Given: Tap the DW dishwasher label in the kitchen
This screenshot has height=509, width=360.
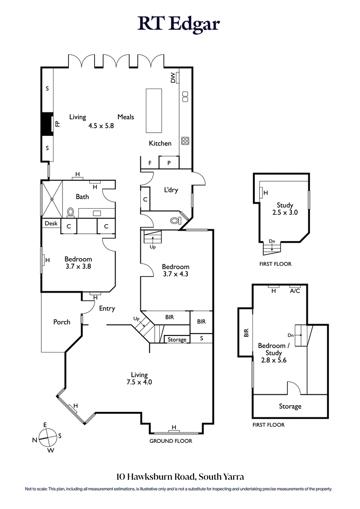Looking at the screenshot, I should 173,79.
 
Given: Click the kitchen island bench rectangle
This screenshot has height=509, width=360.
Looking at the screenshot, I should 153,111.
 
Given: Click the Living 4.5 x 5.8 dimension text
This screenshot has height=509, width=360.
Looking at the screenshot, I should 101,126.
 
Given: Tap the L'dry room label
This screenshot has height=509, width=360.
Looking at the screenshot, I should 171,190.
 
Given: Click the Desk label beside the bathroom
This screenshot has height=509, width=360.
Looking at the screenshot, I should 50,223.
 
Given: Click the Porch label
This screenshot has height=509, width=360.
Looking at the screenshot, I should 62,322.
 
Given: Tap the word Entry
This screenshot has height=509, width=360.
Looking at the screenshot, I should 107,308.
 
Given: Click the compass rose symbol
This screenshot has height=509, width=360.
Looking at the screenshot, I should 47,437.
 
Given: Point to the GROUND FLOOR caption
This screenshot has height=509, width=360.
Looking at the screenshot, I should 171,441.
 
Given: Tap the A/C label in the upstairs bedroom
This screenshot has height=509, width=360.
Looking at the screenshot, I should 295,291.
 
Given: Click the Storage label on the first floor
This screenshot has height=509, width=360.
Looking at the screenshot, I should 290,406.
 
